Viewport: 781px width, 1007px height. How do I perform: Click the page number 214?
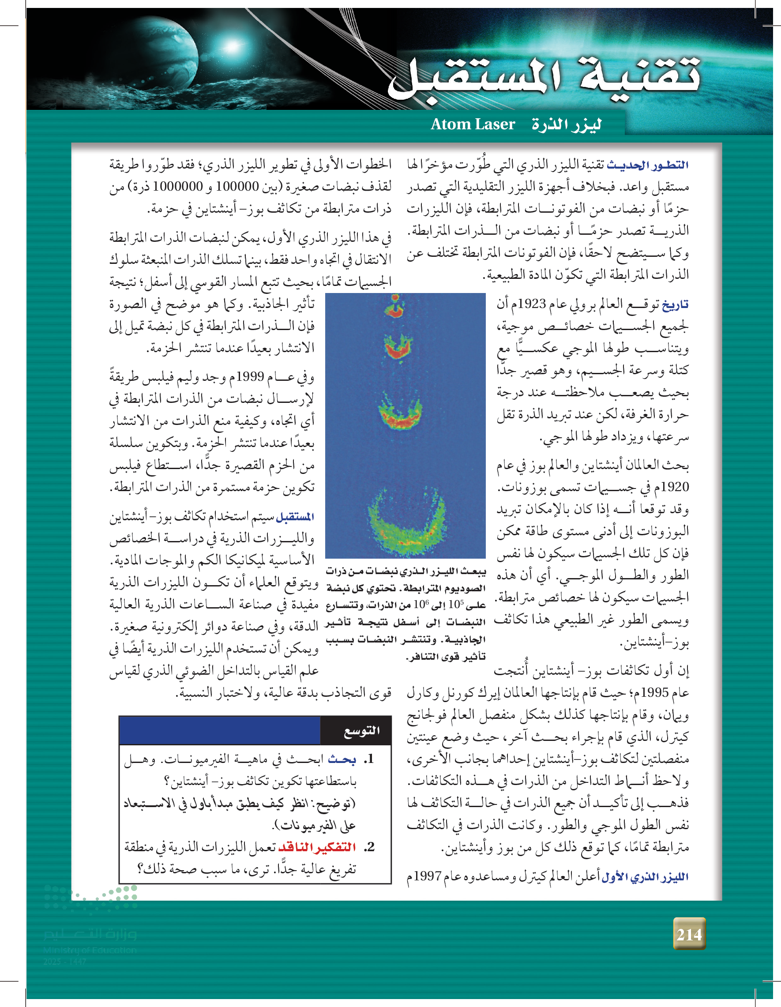[x=689, y=934]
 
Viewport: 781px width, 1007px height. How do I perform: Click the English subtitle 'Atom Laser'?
[x=473, y=124]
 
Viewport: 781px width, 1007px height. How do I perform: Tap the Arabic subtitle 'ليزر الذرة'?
[x=566, y=124]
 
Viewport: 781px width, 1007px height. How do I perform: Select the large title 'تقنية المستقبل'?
[x=544, y=76]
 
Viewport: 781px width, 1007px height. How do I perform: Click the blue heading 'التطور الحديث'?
[x=648, y=165]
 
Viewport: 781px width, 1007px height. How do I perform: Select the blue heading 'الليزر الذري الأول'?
[x=645, y=876]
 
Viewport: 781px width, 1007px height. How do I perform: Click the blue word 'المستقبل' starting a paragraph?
[x=295, y=517]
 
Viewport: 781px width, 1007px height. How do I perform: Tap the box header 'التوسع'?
[x=362, y=731]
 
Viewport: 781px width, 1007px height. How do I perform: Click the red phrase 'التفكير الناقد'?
[x=317, y=847]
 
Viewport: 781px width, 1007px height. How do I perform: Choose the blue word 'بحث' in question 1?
[x=342, y=759]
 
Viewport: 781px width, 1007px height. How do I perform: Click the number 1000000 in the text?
[x=178, y=186]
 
